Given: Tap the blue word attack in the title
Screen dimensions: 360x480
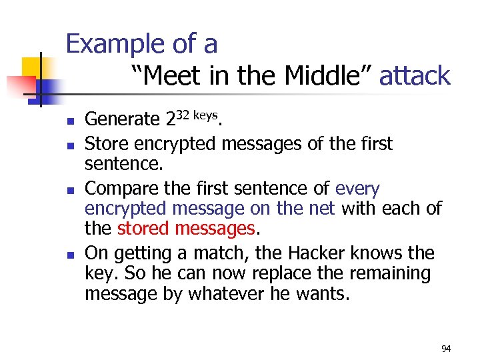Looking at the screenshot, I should (415, 76).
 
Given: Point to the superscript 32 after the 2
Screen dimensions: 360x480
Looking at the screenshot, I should (184, 115).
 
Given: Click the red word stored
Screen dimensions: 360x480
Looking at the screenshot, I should (143, 229).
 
